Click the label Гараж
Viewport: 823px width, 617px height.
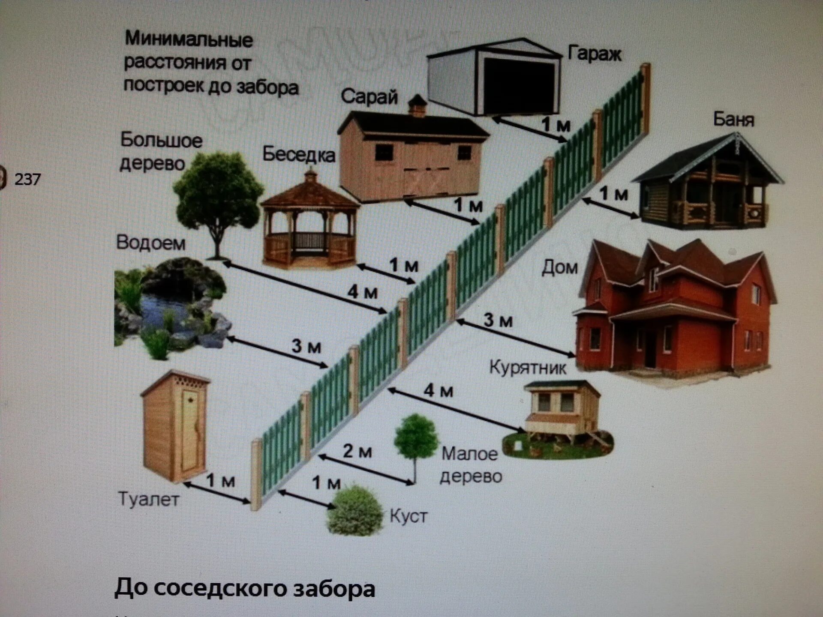point(594,54)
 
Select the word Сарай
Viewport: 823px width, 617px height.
point(369,97)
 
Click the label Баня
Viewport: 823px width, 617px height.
point(733,119)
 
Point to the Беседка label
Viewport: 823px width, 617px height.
point(299,154)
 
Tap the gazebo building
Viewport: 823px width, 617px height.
point(310,223)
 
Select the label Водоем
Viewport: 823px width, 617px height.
point(151,243)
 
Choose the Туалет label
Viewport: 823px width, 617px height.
point(148,500)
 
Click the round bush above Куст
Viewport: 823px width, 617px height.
point(354,511)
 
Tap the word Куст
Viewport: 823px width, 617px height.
point(408,516)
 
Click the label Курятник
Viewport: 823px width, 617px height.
point(528,368)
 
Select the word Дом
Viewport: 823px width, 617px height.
point(559,268)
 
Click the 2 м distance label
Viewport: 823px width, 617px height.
point(357,451)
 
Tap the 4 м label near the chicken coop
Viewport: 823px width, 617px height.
point(438,391)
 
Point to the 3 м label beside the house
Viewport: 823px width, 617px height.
point(498,320)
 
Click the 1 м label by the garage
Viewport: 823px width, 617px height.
point(556,125)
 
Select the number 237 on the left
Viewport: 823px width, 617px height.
point(27,179)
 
